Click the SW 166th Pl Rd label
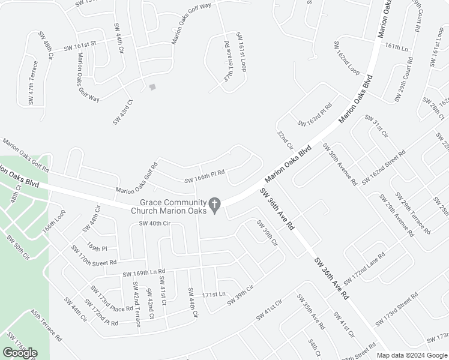[205, 176]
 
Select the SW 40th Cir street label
[155, 223]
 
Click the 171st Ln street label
[213, 295]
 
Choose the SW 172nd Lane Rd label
[365, 264]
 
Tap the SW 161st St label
[80, 46]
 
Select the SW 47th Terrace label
[33, 83]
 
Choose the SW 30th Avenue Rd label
[340, 163]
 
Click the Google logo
[20, 353]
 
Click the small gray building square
[152, 87]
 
